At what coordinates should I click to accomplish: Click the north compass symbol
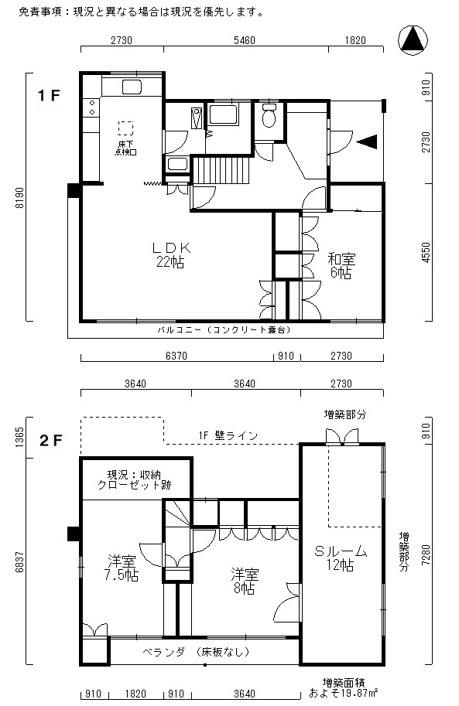[413, 40]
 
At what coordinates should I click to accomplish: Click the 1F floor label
[48, 95]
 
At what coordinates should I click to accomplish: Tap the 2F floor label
[50, 440]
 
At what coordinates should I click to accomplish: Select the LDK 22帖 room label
[171, 255]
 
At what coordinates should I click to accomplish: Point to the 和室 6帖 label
[341, 266]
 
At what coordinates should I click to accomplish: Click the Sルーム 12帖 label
[341, 558]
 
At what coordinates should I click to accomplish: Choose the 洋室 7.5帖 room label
[122, 568]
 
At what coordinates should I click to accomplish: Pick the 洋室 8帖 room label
[245, 581]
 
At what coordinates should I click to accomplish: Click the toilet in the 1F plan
[269, 115]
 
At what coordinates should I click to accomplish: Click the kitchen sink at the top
[132, 87]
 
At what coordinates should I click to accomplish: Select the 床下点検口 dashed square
[126, 128]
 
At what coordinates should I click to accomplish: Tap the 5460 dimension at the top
[245, 40]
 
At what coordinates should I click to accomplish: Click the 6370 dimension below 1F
[176, 356]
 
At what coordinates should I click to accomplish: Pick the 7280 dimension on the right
[425, 554]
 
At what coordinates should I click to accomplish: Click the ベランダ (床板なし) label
[196, 652]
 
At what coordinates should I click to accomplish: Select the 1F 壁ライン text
[228, 435]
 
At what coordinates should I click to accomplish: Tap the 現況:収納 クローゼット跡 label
[135, 480]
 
